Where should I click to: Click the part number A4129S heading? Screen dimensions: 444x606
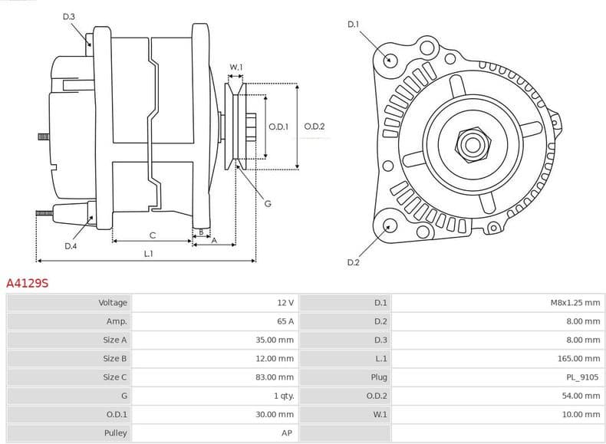click(27, 283)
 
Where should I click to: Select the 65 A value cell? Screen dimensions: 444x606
click(285, 321)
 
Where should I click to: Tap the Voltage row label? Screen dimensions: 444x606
click(113, 303)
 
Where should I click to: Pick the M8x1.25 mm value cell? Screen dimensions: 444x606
click(575, 303)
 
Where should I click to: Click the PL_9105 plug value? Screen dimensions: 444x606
click(581, 377)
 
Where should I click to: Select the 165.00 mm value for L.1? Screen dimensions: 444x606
click(578, 359)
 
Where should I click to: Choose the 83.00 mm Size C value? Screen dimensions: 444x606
click(275, 377)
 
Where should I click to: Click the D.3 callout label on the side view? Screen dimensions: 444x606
click(69, 17)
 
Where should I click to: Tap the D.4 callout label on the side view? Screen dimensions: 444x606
click(71, 246)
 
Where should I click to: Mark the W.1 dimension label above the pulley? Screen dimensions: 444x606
click(236, 67)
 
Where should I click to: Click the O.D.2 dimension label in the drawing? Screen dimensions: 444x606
click(315, 127)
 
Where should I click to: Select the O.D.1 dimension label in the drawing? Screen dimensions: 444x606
click(278, 127)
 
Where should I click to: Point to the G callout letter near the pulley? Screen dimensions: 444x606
click(268, 203)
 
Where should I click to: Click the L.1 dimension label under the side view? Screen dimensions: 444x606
click(148, 253)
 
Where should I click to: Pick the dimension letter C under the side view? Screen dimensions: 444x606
click(153, 235)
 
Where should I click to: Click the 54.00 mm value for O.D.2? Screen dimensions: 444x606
click(581, 396)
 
